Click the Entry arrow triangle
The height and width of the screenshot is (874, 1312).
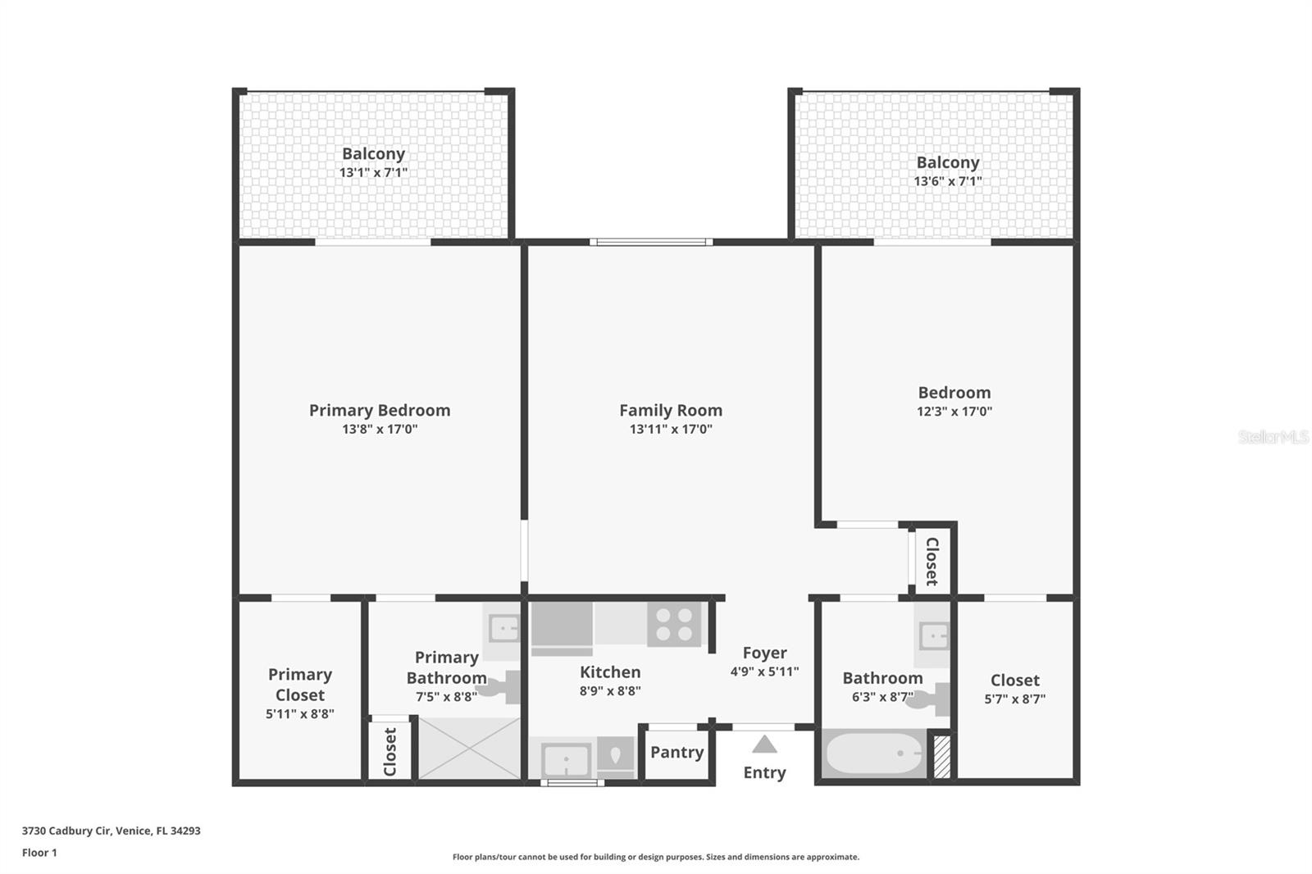764,744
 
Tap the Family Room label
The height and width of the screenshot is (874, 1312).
671,410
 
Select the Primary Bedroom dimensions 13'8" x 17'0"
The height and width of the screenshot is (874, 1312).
380,429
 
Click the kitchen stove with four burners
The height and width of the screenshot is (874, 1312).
674,625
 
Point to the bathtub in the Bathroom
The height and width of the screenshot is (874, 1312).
873,753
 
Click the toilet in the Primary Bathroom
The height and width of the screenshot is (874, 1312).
502,687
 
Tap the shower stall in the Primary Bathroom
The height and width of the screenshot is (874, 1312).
470,749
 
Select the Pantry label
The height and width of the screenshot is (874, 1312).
676,752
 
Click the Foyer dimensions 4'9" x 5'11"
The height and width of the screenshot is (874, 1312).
764,671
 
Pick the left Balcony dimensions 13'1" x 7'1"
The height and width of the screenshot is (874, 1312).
373,172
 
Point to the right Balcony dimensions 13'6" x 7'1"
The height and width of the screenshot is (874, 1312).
948,181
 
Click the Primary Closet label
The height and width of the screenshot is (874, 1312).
300,685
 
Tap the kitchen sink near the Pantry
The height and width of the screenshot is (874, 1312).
566,759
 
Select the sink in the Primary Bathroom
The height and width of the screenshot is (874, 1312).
503,629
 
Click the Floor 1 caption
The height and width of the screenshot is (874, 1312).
39,853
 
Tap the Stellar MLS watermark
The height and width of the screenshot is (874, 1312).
1273,437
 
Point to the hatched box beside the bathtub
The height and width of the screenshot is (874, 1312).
942,757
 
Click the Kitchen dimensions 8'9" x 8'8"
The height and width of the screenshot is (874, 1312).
610,691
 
